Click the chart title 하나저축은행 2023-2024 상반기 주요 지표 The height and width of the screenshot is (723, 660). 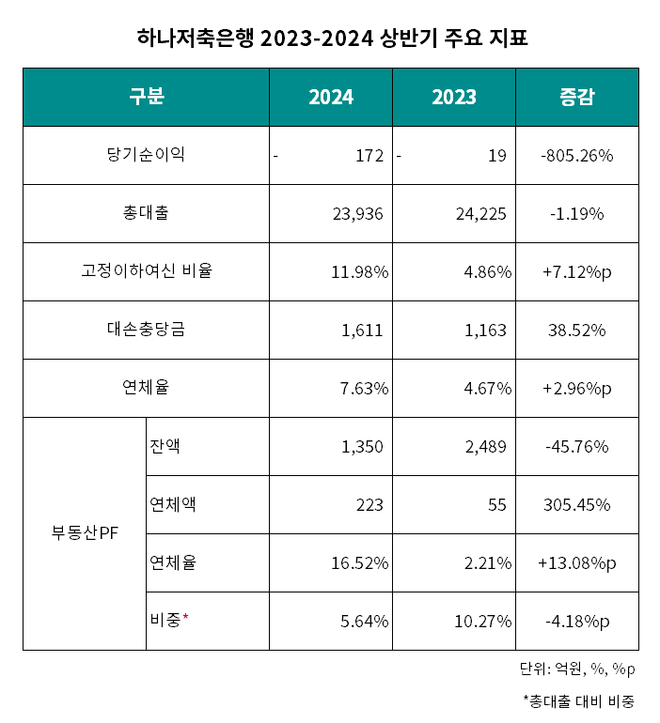pyautogui.click(x=330, y=38)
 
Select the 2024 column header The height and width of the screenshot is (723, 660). pyautogui.click(x=331, y=97)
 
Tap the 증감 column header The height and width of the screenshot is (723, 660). pyautogui.click(x=576, y=97)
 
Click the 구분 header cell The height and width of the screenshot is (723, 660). pyautogui.click(x=147, y=97)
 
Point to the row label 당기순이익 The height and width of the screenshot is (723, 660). pyautogui.click(x=147, y=155)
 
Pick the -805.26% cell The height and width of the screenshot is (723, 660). pyautogui.click(x=576, y=156)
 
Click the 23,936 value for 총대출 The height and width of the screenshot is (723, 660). pyautogui.click(x=357, y=214)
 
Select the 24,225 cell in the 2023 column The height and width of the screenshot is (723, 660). pyautogui.click(x=479, y=214)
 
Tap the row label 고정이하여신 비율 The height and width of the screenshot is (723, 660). pyautogui.click(x=147, y=272)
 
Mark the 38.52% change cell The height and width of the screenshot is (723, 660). pyautogui.click(x=576, y=331)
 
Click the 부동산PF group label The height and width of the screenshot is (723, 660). pyautogui.click(x=84, y=534)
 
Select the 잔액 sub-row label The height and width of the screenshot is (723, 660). pyautogui.click(x=165, y=446)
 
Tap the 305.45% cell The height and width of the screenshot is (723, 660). pyautogui.click(x=576, y=505)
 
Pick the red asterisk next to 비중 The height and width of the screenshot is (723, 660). pyautogui.click(x=186, y=618)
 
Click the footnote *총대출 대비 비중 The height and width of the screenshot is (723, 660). pyautogui.click(x=578, y=700)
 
